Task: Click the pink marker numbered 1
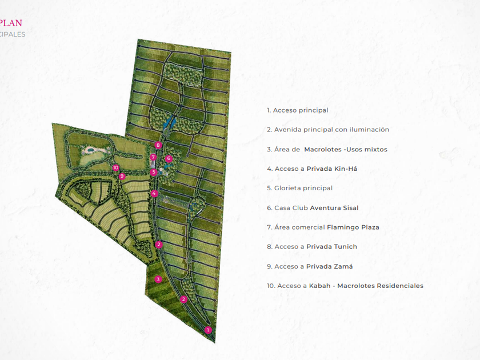click(208, 330)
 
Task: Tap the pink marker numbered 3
click(158, 279)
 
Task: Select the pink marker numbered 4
click(154, 193)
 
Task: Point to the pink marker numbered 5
click(154, 172)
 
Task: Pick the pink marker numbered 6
click(169, 158)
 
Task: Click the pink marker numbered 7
click(153, 157)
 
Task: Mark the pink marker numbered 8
click(158, 145)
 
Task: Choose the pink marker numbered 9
click(122, 176)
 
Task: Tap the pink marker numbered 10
click(116, 168)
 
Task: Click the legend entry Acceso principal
click(298, 110)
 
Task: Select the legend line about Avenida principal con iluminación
click(328, 130)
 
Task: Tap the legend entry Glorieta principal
click(299, 188)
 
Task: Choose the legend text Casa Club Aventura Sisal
click(313, 208)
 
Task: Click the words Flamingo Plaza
click(353, 227)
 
